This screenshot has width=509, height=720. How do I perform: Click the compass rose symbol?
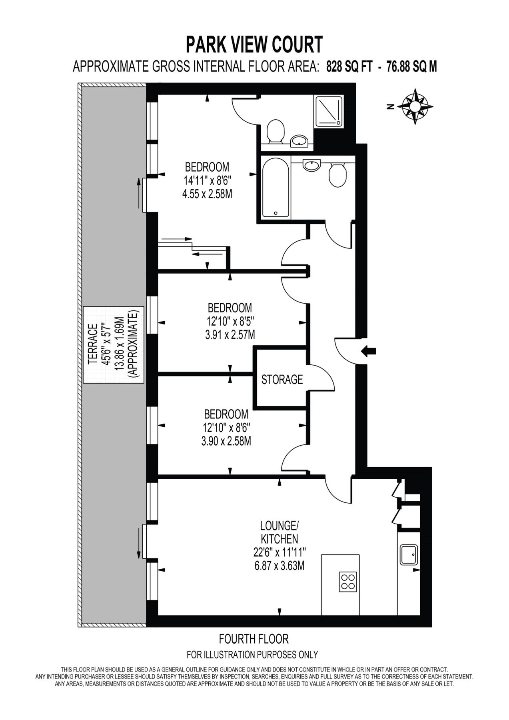click(x=416, y=106)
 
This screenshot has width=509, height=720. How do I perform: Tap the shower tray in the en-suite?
click(x=328, y=112)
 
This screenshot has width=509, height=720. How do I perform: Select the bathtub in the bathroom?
click(x=275, y=188)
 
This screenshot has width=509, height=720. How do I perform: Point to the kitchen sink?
click(x=409, y=555)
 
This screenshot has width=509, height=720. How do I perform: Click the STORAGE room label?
click(x=282, y=379)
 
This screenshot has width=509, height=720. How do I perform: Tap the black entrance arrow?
click(x=368, y=351)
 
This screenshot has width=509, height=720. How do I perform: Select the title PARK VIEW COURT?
click(x=254, y=44)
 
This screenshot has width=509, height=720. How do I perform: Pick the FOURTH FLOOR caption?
click(x=254, y=639)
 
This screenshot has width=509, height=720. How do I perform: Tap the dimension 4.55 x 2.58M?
click(x=207, y=194)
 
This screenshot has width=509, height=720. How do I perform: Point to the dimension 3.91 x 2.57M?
click(x=230, y=334)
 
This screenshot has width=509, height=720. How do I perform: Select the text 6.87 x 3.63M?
click(x=279, y=566)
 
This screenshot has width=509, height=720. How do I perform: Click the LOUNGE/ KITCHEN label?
click(x=279, y=531)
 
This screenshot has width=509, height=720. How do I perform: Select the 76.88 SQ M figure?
click(x=411, y=66)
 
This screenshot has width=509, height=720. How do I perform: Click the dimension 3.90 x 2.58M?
click(x=226, y=441)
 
